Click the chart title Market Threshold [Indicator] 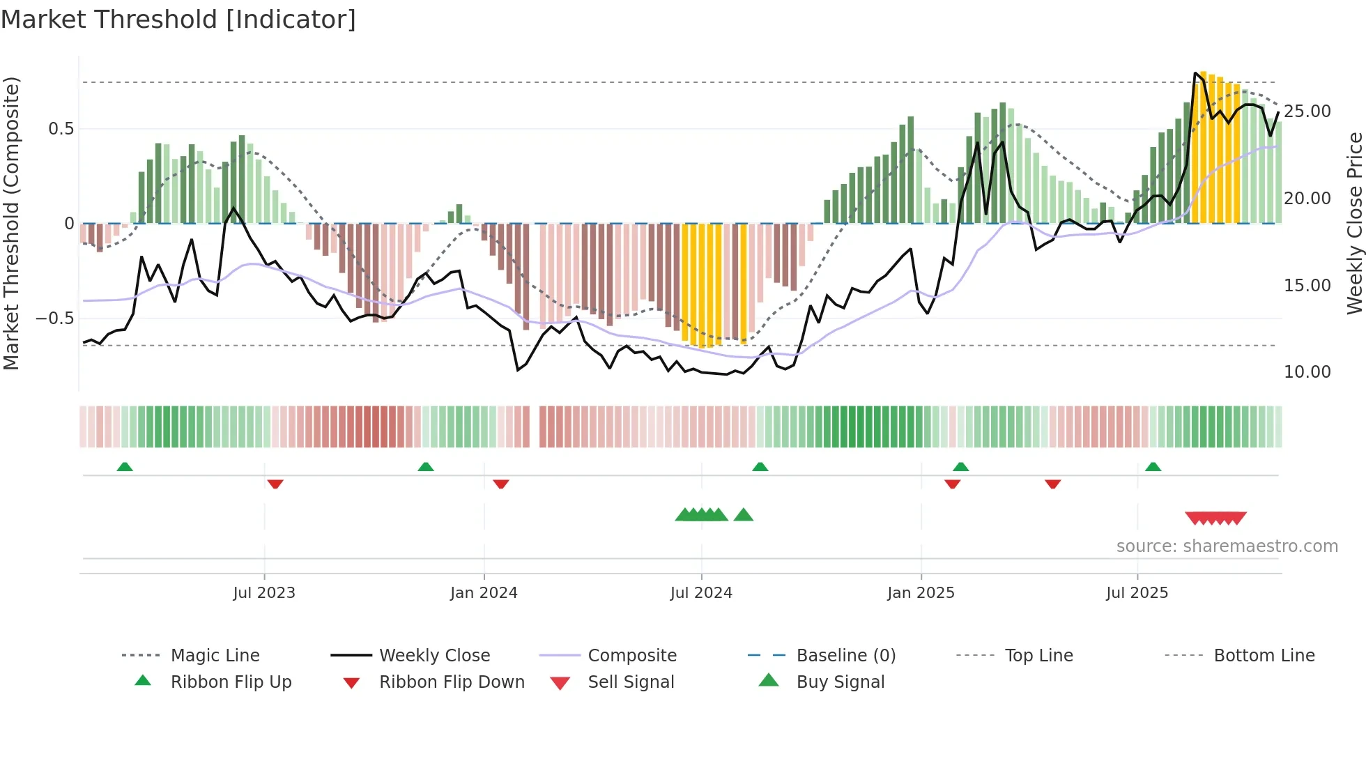tap(178, 20)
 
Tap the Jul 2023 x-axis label tap(264, 593)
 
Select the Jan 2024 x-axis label tap(484, 593)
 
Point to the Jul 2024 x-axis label tap(701, 593)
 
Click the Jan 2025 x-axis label tap(921, 593)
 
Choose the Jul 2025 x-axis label tap(1137, 593)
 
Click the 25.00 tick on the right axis tap(1307, 112)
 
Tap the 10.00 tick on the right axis tap(1307, 372)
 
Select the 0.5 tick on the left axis tap(61, 129)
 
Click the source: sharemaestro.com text tap(1227, 546)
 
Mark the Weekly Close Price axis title tap(1354, 223)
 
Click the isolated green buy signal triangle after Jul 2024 tap(744, 515)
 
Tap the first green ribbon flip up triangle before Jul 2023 tap(125, 466)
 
